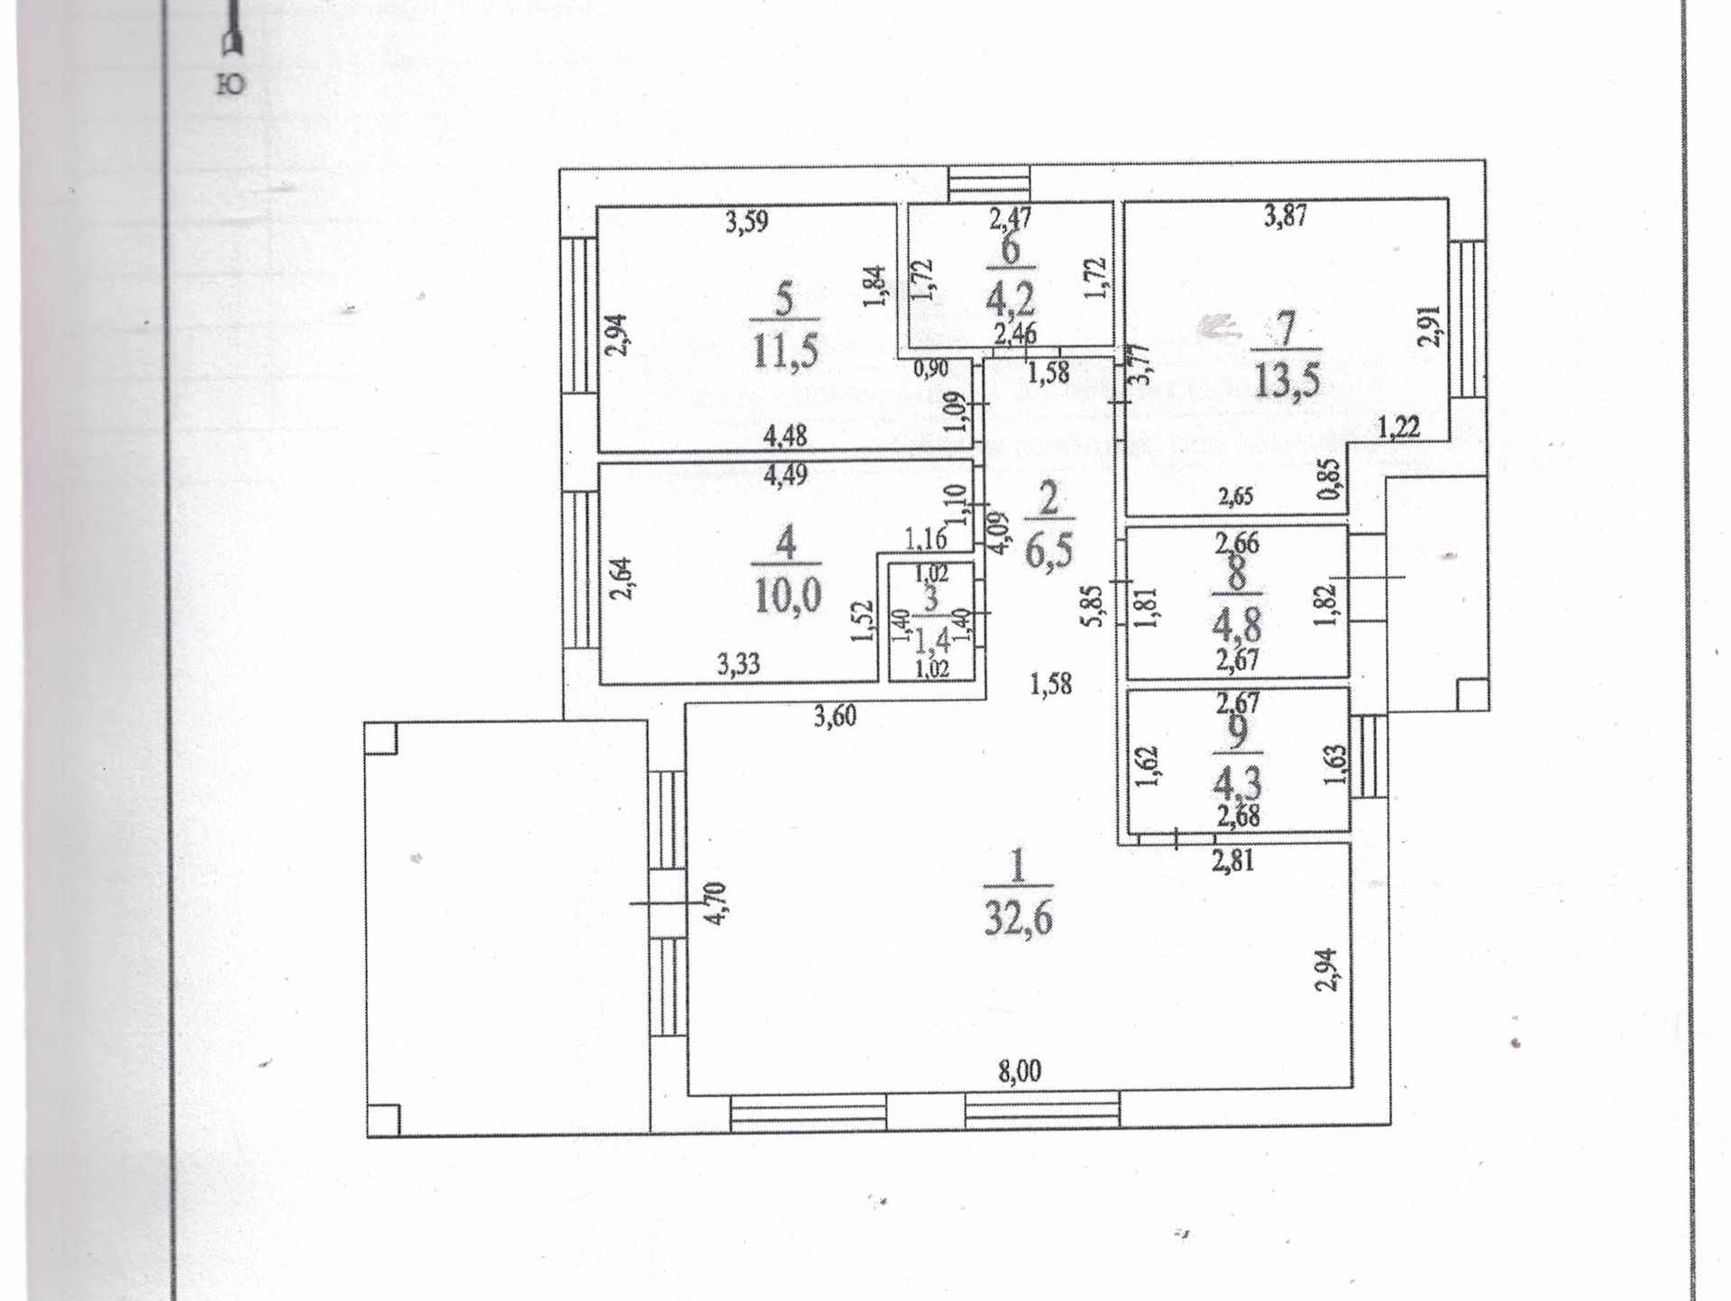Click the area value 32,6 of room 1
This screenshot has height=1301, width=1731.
click(1018, 919)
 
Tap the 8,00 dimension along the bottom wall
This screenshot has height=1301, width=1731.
click(1020, 1071)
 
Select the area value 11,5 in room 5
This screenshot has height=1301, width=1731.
click(785, 351)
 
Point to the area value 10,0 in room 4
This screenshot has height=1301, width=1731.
click(787, 596)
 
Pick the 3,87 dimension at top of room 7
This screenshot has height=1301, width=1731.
click(1285, 216)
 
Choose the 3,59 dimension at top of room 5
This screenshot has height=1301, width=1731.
click(746, 222)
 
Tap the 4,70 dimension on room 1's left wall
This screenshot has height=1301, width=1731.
click(717, 902)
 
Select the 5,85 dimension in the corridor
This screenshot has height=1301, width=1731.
click(1094, 606)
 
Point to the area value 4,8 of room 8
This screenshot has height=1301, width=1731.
click(1238, 624)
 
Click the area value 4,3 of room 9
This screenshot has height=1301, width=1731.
click(1237, 783)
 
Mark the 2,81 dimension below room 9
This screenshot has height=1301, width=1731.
click(1232, 860)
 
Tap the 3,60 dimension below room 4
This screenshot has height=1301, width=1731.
click(835, 717)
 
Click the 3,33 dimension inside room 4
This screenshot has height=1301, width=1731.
click(738, 664)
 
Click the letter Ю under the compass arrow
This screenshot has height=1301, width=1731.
click(231, 85)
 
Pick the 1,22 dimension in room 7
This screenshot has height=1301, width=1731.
click(1398, 427)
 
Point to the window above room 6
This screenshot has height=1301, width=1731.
click(989, 183)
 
